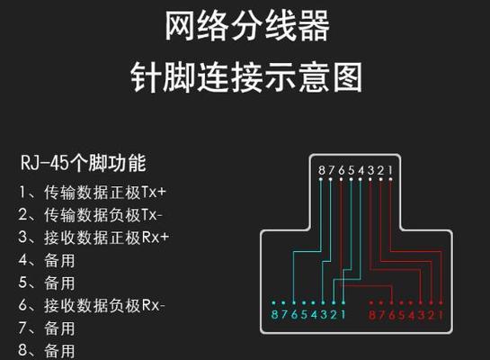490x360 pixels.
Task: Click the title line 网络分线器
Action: pos(247,25)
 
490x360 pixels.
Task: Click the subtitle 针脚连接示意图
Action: pos(246,76)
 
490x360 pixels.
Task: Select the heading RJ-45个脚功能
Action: pos(83,163)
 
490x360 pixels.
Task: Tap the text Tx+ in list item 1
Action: pos(154,192)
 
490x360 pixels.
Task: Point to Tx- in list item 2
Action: pos(152,215)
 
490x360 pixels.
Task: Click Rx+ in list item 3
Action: pos(156,238)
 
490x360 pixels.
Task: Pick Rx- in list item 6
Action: pos(153,305)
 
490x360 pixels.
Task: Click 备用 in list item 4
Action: pos(59,260)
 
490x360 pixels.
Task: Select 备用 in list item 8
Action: pos(59,351)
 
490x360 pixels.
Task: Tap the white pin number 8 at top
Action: pos(322,170)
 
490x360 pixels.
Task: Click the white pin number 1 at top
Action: pos(390,170)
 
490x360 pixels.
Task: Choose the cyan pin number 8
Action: pos(274,314)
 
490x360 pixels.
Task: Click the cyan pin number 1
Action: pos(343,314)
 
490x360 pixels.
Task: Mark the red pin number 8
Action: pos(372,315)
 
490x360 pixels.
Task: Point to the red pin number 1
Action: pos(441,315)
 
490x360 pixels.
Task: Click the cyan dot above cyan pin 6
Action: pos(294,302)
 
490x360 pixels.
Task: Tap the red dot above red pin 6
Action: pos(392,302)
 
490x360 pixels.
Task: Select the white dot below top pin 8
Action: pos(321,179)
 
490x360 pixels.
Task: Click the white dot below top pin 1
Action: pos(390,179)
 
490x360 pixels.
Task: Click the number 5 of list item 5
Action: pos(22,283)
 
